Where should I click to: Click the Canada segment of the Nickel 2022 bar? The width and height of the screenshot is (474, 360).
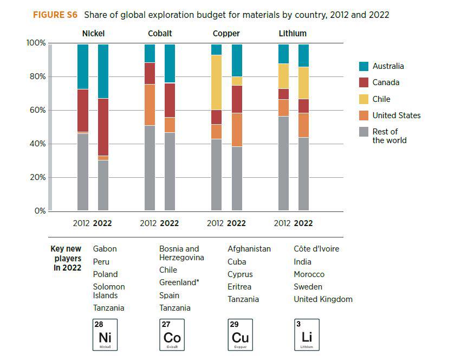[103, 127]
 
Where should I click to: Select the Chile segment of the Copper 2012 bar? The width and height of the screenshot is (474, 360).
[216, 82]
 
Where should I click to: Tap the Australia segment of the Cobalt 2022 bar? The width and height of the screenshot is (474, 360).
[170, 63]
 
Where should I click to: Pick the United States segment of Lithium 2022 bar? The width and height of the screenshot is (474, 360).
[303, 125]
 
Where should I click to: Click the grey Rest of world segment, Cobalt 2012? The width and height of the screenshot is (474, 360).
[150, 168]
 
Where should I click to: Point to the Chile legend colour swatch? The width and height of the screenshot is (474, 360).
[364, 99]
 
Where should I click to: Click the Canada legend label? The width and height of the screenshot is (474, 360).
[386, 82]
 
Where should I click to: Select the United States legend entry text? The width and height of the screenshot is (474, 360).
[396, 115]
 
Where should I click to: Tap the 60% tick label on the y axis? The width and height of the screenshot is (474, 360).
[36, 111]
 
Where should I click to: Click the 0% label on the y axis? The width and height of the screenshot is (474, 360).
[40, 211]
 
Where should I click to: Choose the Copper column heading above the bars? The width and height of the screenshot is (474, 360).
[226, 34]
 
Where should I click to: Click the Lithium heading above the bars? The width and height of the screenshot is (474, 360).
[293, 34]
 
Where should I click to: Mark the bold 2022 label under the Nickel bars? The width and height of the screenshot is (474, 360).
[103, 223]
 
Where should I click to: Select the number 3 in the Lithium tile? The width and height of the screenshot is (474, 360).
[297, 324]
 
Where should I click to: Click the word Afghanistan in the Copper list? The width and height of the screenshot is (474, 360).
[249, 249]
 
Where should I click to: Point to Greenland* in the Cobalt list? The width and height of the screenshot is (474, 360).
[177, 282]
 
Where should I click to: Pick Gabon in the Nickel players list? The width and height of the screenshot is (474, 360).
[105, 249]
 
